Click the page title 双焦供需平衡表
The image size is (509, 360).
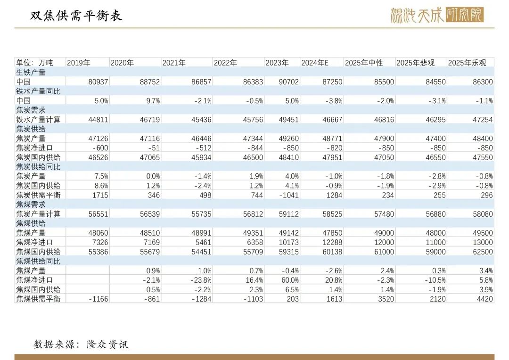point(76,16)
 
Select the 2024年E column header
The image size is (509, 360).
point(314,63)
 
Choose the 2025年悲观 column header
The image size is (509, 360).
point(415,63)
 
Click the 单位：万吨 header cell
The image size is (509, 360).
point(35,63)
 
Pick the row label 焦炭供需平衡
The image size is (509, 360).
point(38,195)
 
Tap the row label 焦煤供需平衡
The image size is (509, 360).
point(38,299)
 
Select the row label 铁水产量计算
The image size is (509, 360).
point(38,120)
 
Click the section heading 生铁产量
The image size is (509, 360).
point(31,72)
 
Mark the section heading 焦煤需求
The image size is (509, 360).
point(31,205)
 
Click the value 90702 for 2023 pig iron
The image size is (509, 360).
point(288,82)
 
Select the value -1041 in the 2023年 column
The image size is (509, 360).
point(288,195)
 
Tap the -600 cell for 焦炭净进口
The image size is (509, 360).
point(99,148)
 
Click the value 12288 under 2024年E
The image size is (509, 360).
point(332,242)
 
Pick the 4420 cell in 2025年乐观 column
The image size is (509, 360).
point(484,299)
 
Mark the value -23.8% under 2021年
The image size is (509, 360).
point(200,280)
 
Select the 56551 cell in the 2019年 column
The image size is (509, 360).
point(98,214)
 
